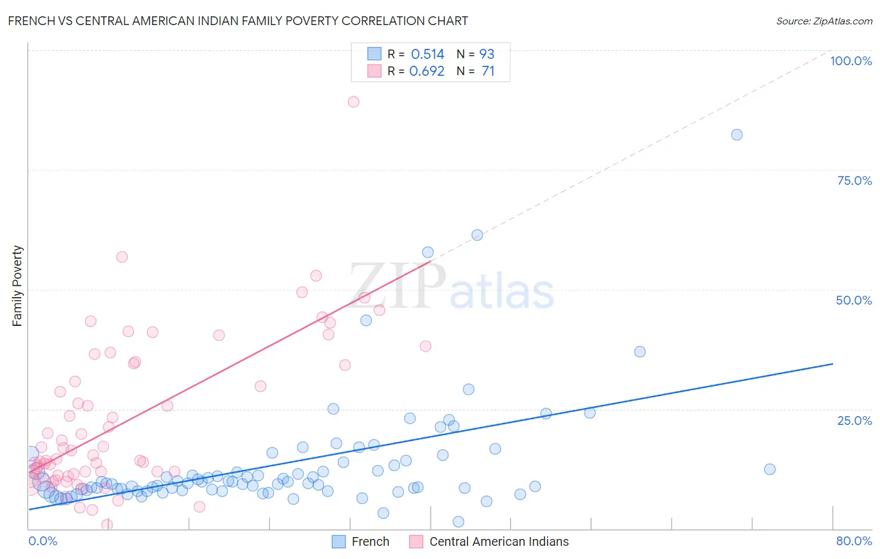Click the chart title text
[x=238, y=21]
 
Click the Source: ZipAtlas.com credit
[x=824, y=21]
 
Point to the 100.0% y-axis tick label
[x=851, y=61]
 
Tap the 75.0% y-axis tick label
[x=854, y=180]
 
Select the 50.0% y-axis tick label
[x=854, y=300]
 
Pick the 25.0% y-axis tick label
[x=854, y=420]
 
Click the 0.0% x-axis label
[x=43, y=541]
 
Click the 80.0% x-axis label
[x=854, y=541]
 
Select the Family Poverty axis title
[x=18, y=286]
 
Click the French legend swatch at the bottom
[x=339, y=541]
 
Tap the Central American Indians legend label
[x=499, y=541]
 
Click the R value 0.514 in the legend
[x=427, y=54]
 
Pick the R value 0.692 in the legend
[x=427, y=71]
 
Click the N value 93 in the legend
[x=487, y=54]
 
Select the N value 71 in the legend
[x=488, y=71]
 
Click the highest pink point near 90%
[x=354, y=102]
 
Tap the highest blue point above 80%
[x=737, y=135]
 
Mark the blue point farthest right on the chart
[x=770, y=469]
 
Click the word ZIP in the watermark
[x=397, y=286]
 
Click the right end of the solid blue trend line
[x=832, y=363]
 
